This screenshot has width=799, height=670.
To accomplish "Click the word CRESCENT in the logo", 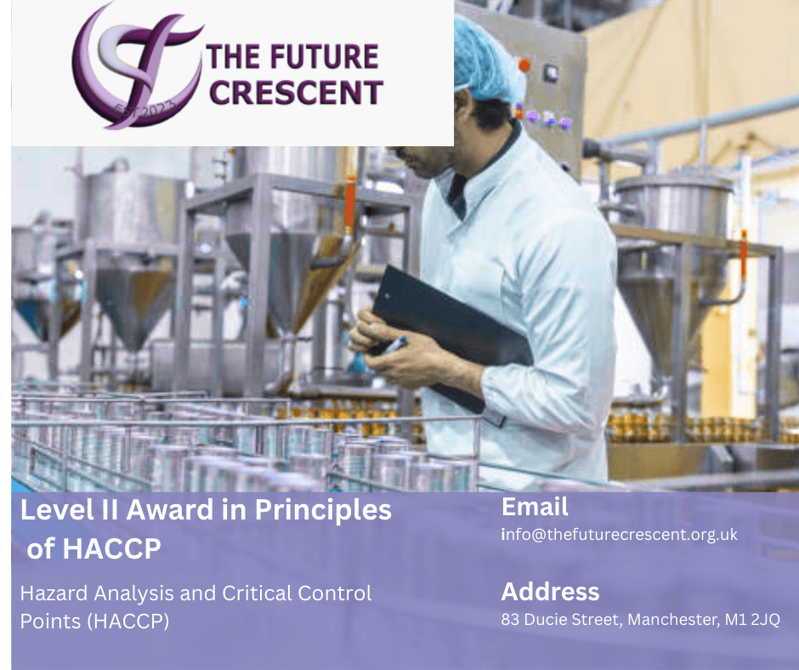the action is coord(296,93).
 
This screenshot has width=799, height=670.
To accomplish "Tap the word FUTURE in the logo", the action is coord(324,56).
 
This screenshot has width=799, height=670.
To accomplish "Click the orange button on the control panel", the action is coord(524,65).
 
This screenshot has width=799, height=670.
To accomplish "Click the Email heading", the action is coord(535,507).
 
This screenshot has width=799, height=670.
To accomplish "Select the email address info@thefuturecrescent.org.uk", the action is coord(619,534).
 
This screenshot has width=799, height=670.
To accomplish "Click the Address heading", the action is coord(550,592).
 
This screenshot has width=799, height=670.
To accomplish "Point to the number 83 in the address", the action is coord(510,620).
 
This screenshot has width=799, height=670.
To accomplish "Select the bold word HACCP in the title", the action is coord(111,548).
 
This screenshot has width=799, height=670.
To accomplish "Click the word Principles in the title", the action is coord(323,511).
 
